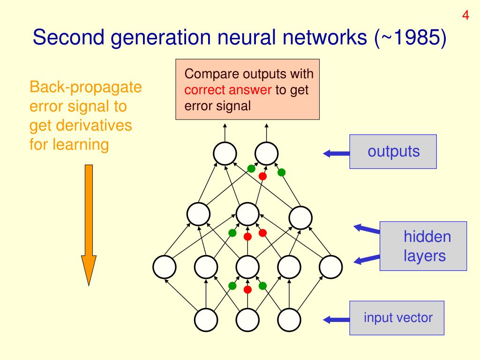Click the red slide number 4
click(465, 15)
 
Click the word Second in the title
click(68, 37)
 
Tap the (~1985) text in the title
click(411, 37)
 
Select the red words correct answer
click(228, 90)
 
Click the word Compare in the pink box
click(211, 75)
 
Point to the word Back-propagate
click(85, 88)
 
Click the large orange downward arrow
click(89, 225)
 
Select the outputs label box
click(393, 151)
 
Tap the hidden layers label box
click(423, 246)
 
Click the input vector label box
click(397, 318)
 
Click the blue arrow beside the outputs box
click(336, 153)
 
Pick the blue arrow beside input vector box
click(336, 320)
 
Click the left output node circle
click(225, 153)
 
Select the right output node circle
click(267, 153)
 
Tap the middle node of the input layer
click(247, 320)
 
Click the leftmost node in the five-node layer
click(165, 267)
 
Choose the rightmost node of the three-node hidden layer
click(300, 217)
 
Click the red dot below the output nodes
click(262, 176)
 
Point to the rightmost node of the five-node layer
click(330, 267)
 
